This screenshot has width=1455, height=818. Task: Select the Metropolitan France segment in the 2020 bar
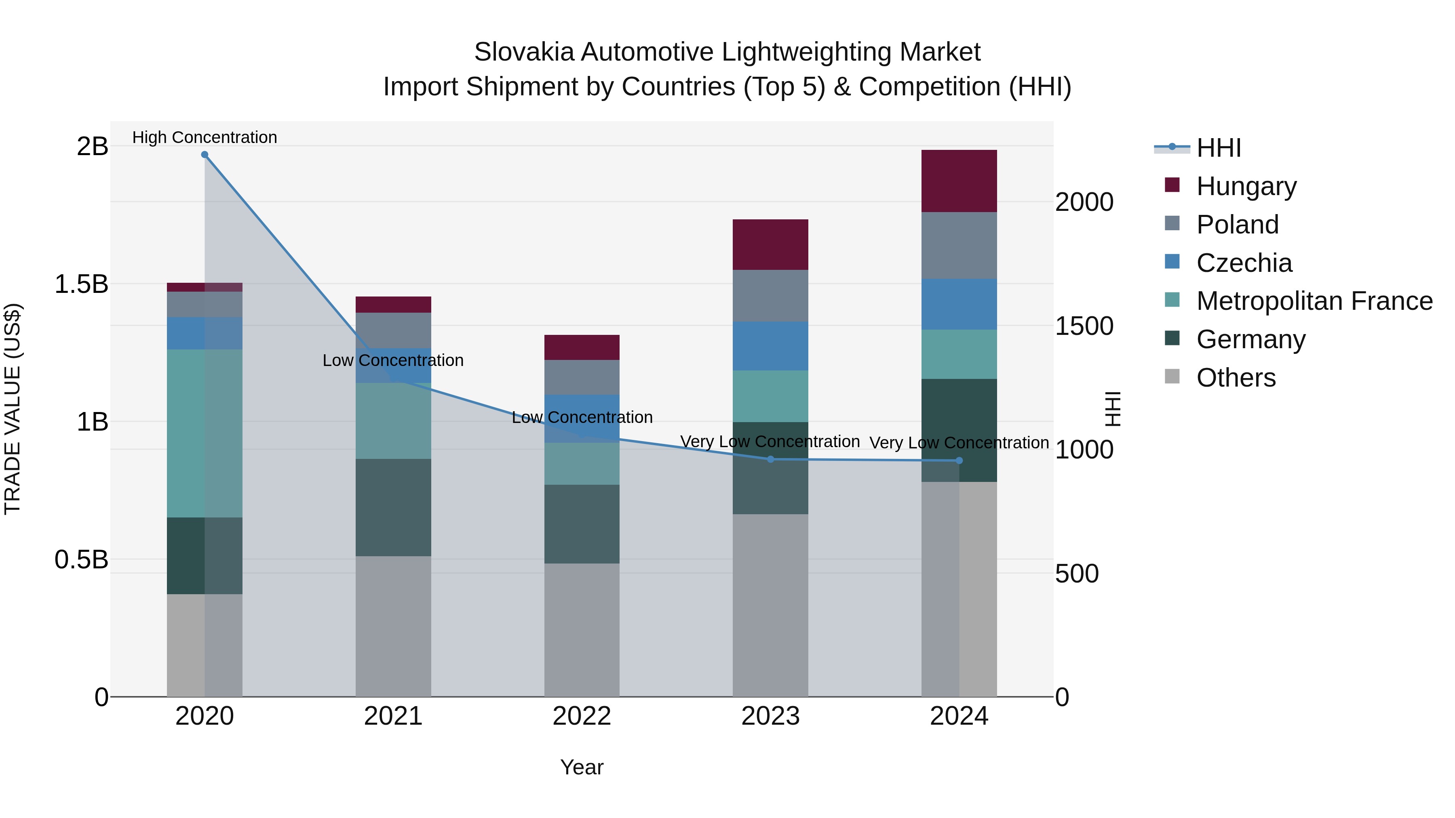(204, 433)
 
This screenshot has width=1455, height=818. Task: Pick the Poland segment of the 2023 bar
(770, 295)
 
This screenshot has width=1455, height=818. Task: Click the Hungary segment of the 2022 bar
(582, 347)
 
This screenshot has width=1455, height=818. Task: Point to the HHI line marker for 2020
(205, 155)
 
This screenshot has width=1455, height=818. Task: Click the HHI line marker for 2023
(770, 459)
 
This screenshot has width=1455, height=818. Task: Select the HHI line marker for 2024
(959, 461)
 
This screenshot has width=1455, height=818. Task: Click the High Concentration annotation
(205, 137)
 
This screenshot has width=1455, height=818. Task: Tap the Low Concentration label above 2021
(393, 360)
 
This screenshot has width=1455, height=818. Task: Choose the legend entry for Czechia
(1243, 263)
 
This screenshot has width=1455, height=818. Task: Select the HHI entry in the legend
(1218, 148)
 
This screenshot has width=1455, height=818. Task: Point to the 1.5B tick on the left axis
(81, 284)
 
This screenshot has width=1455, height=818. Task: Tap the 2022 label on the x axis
(582, 716)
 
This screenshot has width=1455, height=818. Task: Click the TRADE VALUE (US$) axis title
(13, 409)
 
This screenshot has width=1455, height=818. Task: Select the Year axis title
(582, 767)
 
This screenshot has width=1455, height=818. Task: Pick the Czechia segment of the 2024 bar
(959, 304)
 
